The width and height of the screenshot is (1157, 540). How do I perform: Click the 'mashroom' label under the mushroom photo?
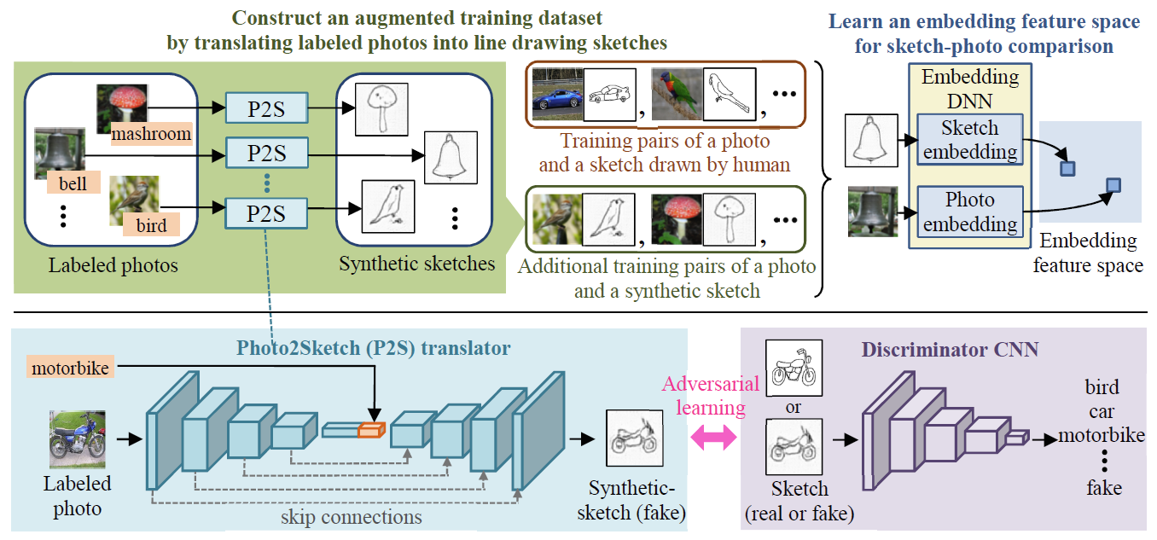click(151, 134)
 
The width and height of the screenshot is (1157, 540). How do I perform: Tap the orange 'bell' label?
click(73, 183)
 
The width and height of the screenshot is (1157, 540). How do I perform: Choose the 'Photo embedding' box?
click(970, 212)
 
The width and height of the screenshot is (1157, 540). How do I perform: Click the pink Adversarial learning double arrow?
click(711, 438)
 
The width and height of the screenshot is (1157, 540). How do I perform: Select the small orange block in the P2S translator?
click(372, 430)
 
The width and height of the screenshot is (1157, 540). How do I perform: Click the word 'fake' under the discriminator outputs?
click(1103, 488)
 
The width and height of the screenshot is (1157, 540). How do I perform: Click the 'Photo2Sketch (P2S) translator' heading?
click(374, 348)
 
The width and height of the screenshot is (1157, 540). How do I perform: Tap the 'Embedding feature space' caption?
click(1087, 253)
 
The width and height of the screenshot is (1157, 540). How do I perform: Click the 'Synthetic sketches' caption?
click(416, 264)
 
